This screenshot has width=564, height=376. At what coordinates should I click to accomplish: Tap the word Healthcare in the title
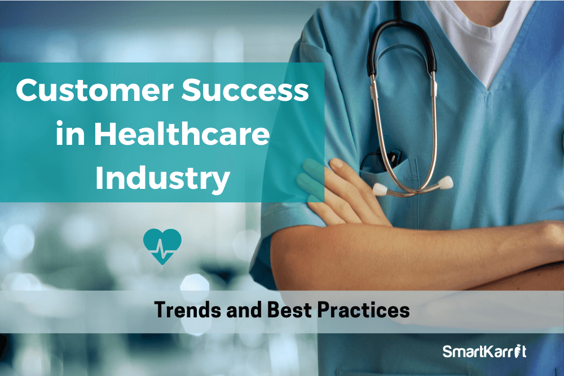[182, 134]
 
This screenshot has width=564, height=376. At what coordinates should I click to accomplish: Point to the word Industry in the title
[162, 179]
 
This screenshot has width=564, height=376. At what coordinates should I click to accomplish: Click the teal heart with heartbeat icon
[162, 246]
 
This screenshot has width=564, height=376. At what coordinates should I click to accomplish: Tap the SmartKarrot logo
[484, 351]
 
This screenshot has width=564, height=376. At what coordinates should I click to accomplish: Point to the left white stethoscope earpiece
[380, 189]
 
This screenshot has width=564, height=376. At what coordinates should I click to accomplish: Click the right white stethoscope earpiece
[446, 182]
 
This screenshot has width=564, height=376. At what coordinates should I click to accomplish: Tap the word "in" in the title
[70, 134]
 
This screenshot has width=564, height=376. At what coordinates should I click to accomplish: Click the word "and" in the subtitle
[244, 309]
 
